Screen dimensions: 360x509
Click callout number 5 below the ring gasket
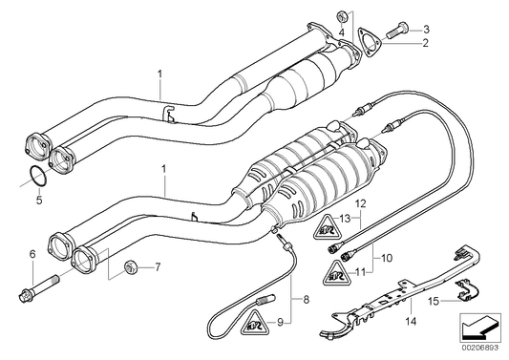(x=38, y=201)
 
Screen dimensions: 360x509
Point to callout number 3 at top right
(x=427, y=29)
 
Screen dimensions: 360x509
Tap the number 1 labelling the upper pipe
(x=161, y=73)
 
